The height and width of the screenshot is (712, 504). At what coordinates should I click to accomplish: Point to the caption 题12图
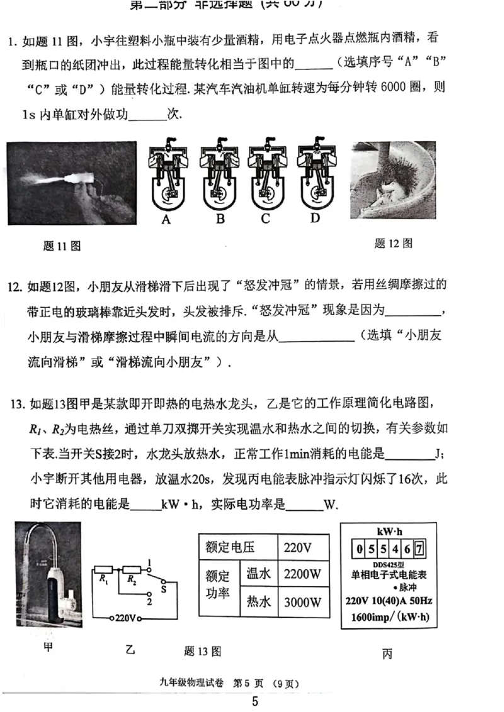pyautogui.click(x=393, y=243)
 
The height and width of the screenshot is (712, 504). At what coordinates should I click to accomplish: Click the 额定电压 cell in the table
pyautogui.click(x=228, y=547)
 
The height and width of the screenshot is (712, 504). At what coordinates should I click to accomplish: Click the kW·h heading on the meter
pyautogui.click(x=388, y=531)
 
